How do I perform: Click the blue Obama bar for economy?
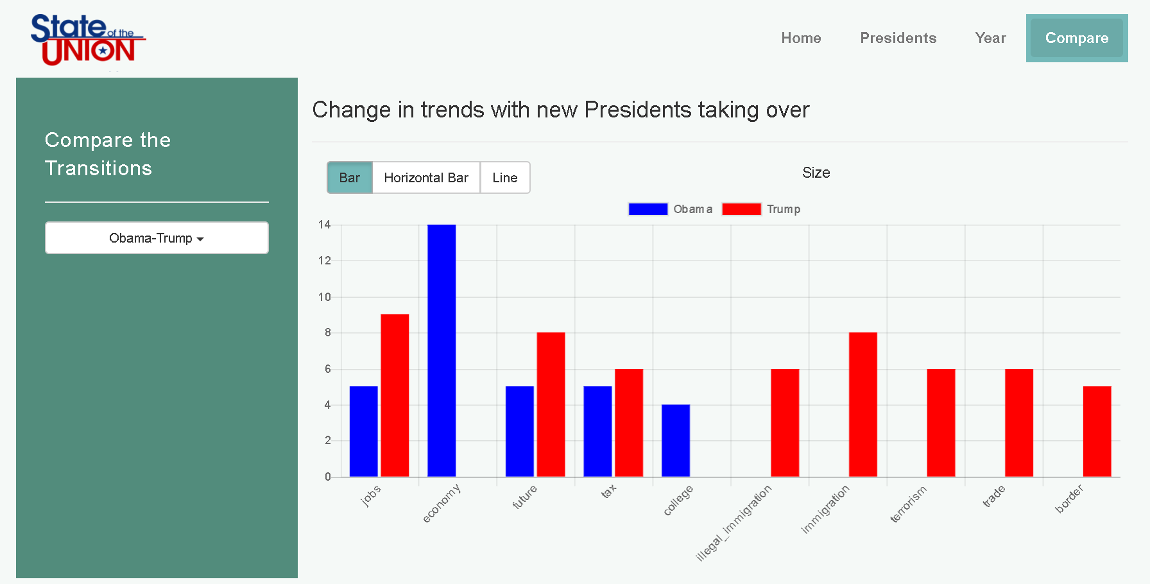442,350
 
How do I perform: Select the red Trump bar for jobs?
395,395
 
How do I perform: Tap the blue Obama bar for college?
676,440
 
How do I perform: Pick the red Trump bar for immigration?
862,404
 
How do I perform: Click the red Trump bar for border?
1097,431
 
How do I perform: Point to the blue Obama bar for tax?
597,431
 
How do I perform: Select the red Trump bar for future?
551,404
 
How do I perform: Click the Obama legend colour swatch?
648,209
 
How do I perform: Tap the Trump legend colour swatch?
741,209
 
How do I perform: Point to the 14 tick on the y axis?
324,225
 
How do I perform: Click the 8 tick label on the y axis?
327,332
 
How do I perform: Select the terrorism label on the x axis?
908,504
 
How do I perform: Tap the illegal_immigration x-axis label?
734,523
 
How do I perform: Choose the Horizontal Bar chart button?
426,178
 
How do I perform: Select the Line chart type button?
505,178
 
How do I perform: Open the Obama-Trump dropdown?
157,238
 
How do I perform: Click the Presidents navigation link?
898,38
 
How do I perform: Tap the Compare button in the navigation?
1076,38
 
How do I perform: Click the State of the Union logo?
88,40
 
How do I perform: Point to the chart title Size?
816,173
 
